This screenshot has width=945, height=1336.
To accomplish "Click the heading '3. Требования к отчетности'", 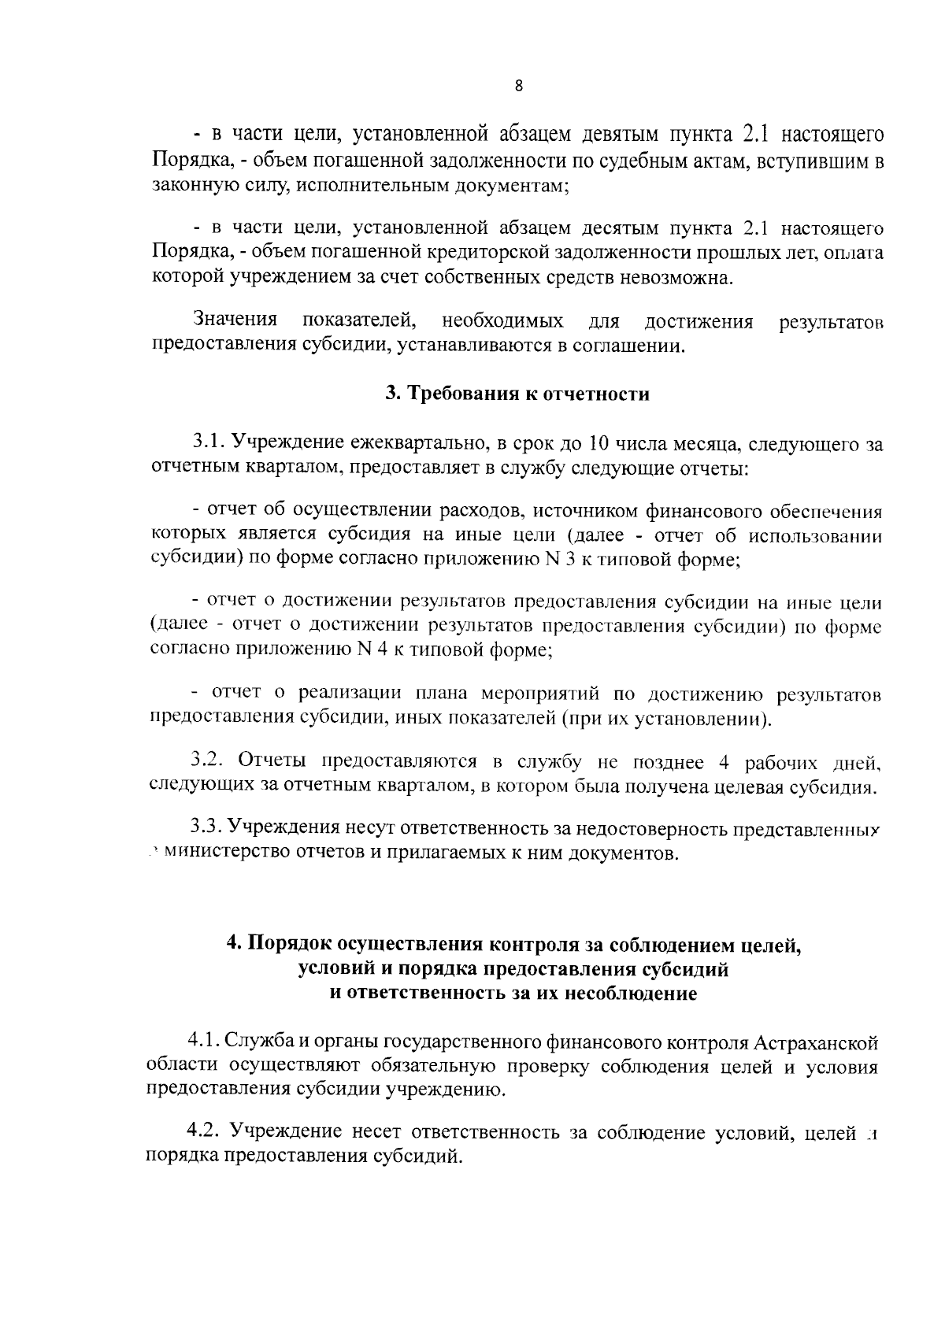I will (x=517, y=394).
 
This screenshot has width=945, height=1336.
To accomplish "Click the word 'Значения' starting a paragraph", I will (x=235, y=320).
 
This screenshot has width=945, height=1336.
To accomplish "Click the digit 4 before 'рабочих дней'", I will (x=723, y=761).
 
